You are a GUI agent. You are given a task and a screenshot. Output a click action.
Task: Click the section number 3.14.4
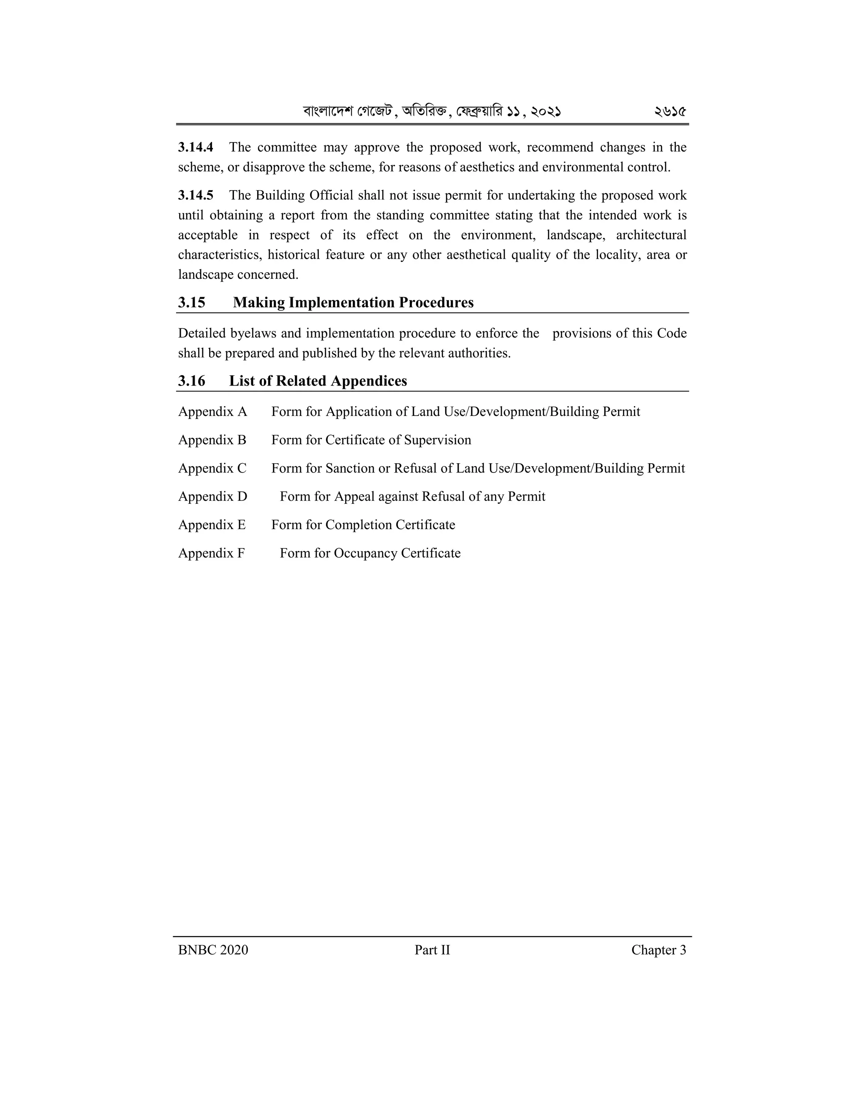click(196, 148)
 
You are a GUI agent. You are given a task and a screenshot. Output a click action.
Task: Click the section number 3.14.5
click(196, 195)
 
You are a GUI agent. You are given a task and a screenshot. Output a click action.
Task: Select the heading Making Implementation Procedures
click(353, 303)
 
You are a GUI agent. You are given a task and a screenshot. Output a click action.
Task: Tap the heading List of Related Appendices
click(318, 381)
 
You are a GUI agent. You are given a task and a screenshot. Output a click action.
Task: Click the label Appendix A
click(213, 412)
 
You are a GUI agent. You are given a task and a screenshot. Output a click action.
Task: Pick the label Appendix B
click(212, 440)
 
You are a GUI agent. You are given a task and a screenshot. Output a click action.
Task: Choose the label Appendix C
click(212, 468)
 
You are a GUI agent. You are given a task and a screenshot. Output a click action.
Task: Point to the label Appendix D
click(213, 497)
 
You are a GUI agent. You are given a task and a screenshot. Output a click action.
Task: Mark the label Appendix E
click(212, 524)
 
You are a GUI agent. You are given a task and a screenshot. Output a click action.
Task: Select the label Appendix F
click(212, 553)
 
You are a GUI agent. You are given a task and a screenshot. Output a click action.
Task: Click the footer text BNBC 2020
click(213, 950)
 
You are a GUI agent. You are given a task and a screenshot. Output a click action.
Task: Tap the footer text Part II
click(432, 950)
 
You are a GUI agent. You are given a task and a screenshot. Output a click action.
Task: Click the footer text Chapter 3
click(658, 950)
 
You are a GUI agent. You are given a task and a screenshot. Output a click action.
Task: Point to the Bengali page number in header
click(670, 111)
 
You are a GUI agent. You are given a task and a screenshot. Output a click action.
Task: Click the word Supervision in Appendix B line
click(438, 440)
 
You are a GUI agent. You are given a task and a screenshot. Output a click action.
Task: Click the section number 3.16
click(192, 381)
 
